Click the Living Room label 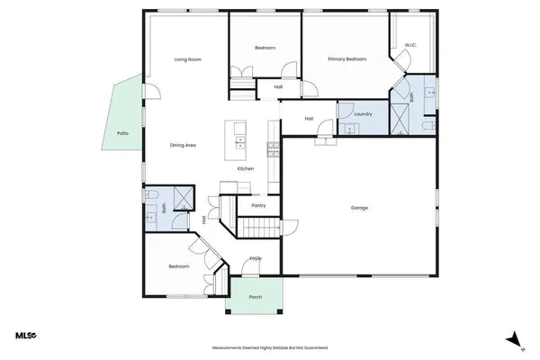coord(187,59)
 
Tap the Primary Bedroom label coord(347,58)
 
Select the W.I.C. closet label coord(409,44)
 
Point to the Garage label coord(359,208)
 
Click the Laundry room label coord(364,114)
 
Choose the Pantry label coord(257,205)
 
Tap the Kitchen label coord(245,169)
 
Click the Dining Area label coord(184,145)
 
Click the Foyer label coord(256,259)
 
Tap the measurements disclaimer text coord(269,346)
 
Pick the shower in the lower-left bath coord(182,199)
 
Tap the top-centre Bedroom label coord(265,48)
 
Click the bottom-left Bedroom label coord(179,267)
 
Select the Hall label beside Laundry coord(309,118)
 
